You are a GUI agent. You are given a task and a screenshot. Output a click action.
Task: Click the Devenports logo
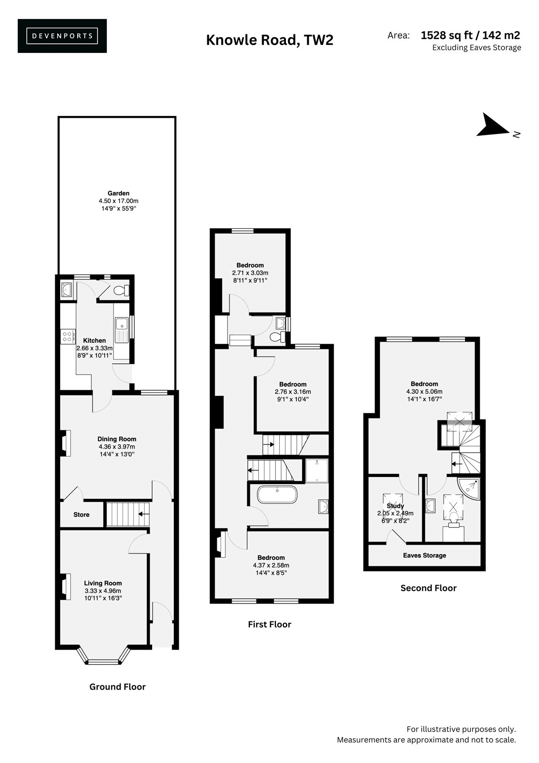point(62,36)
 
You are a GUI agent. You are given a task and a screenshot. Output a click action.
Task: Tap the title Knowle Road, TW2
point(269,40)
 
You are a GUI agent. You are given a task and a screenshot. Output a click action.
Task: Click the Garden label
point(119,193)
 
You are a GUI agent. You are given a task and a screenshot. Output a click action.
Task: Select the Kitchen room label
point(94,340)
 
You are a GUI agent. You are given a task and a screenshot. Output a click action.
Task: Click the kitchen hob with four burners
point(67,337)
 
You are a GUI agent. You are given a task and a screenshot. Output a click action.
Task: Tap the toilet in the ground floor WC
point(121,290)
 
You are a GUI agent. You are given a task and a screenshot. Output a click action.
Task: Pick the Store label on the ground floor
point(81,515)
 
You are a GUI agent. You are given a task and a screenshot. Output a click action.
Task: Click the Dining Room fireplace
point(66,443)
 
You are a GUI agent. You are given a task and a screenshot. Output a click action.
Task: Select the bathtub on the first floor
point(277,494)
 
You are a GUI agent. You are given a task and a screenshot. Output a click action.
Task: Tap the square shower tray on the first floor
point(316,470)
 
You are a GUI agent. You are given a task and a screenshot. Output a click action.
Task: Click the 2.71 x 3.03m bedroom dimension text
point(250,273)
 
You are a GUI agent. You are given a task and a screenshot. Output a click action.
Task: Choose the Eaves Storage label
point(424,555)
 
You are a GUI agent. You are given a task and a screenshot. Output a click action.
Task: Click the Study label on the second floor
point(395,506)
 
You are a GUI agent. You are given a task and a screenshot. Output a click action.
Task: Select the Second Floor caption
point(428,588)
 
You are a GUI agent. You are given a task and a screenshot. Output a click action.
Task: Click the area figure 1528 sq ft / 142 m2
point(470,35)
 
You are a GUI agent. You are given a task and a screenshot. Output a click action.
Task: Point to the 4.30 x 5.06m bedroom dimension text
point(424,392)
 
